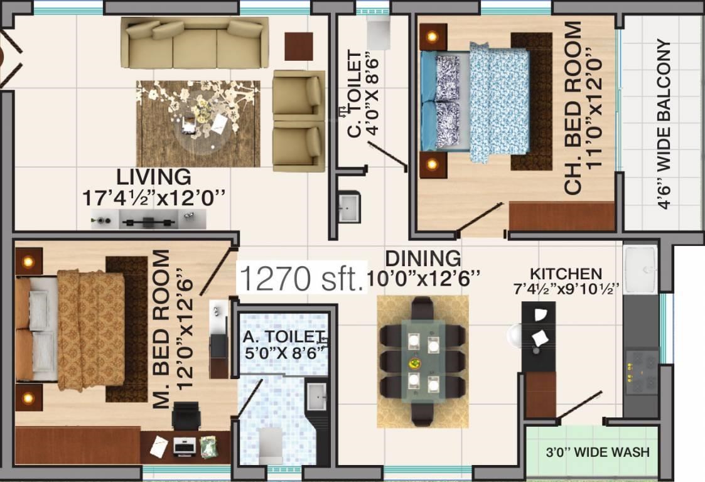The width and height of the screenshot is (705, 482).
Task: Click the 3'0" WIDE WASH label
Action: click(597, 452)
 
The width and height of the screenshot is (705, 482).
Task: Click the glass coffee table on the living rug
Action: click(200, 124)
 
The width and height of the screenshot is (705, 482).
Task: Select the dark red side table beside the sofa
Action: click(298, 46)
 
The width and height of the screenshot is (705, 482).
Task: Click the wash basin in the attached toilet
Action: click(316, 397)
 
